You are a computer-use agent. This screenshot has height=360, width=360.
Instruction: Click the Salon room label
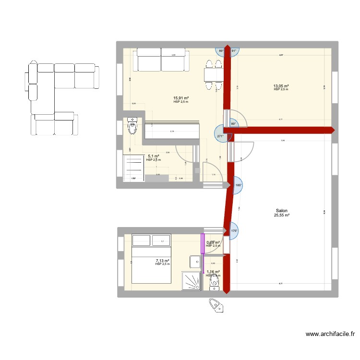282,211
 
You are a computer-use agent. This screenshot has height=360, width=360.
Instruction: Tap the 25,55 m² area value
282,216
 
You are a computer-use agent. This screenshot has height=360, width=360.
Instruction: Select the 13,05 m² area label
281,86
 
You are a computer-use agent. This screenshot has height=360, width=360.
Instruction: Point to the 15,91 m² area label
181,98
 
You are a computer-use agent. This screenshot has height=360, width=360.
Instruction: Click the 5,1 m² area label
154,156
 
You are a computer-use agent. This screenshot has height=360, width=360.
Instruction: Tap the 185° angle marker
238,185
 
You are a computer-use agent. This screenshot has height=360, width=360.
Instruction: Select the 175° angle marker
234,231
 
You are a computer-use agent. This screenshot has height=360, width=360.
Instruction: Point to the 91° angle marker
234,50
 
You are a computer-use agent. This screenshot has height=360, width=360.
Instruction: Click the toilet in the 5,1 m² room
133,127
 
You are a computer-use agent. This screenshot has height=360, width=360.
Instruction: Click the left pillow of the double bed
141,240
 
